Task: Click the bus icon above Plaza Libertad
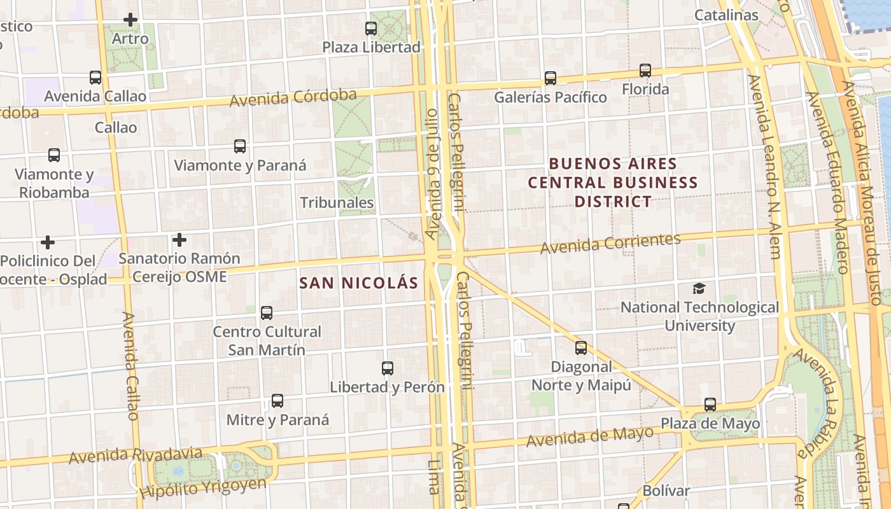point(371,28)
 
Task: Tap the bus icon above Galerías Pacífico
point(551,78)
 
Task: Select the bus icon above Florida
point(645,70)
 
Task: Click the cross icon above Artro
point(130,20)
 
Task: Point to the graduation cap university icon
point(699,288)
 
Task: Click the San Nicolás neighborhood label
point(359,283)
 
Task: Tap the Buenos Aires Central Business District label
point(613,183)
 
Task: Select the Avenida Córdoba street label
point(293,98)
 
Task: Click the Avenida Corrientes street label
point(610,243)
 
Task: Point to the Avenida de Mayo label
point(590,436)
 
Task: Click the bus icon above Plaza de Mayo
point(710,405)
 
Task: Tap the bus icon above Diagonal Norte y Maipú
point(581,348)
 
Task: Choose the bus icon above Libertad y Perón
point(388,368)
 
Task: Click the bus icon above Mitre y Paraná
point(277,401)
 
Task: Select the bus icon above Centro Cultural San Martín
point(267,313)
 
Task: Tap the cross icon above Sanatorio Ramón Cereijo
point(179,240)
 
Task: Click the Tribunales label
point(337,203)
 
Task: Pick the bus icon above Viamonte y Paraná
point(240,146)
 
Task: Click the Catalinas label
point(726,15)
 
